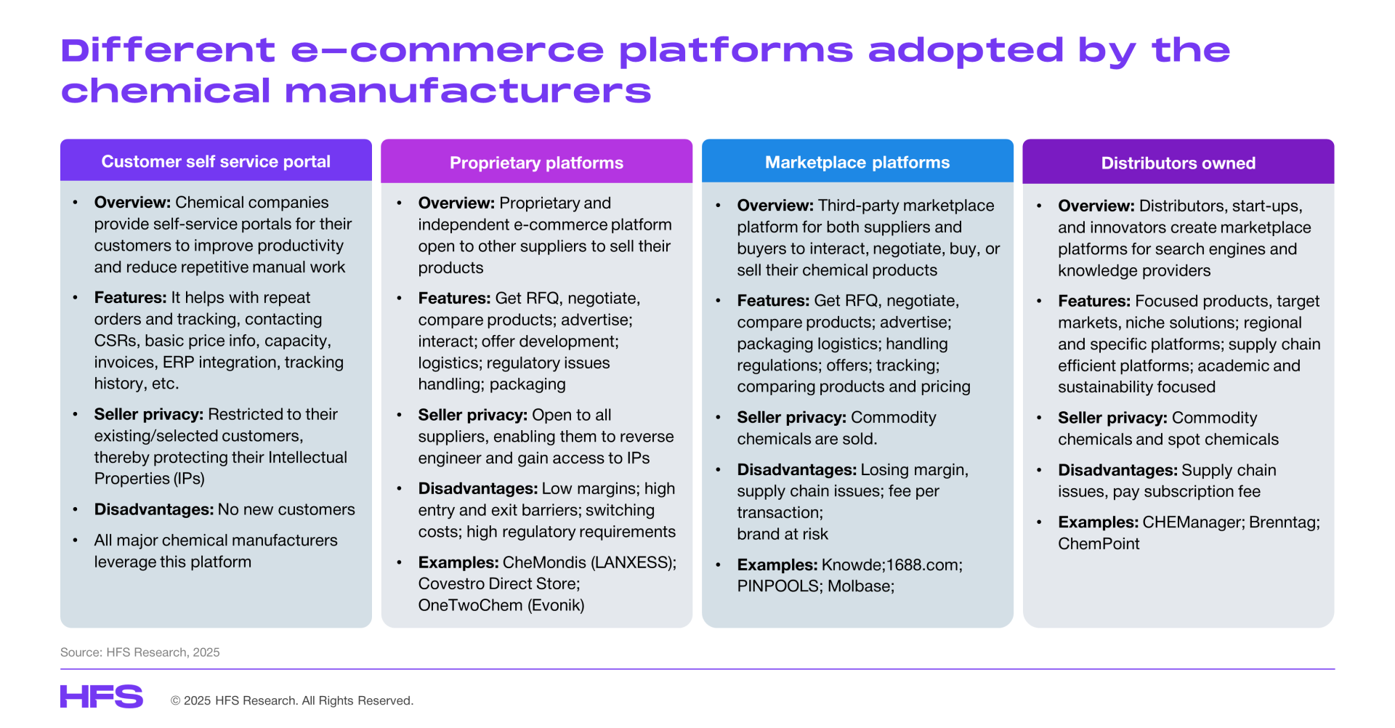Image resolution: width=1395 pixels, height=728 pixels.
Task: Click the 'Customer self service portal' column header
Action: click(216, 161)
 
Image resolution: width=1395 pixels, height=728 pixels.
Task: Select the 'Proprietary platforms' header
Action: click(536, 162)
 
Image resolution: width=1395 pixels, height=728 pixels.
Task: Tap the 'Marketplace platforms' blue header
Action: click(857, 162)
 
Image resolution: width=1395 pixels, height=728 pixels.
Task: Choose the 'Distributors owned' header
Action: click(1178, 163)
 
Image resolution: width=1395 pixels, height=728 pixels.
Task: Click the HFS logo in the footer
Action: click(102, 697)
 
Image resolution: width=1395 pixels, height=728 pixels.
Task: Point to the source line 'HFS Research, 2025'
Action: click(163, 652)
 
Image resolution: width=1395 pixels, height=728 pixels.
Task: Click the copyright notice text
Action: click(292, 700)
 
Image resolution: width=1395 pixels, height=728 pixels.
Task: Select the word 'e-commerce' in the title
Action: click(448, 50)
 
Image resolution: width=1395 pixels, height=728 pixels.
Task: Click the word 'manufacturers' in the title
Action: click(468, 92)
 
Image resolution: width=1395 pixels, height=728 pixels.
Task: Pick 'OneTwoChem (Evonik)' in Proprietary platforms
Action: click(501, 605)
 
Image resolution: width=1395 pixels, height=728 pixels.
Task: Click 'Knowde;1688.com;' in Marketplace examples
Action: click(892, 565)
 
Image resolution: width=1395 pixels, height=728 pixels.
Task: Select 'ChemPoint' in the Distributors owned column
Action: click(1099, 543)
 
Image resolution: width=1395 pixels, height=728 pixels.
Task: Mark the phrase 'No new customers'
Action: click(286, 509)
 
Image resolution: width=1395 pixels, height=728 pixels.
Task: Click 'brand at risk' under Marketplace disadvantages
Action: click(783, 534)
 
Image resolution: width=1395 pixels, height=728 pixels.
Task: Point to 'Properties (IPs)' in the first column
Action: click(150, 478)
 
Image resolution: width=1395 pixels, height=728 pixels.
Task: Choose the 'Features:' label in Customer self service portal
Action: click(131, 297)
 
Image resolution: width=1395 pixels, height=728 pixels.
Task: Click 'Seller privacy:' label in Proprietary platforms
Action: click(473, 415)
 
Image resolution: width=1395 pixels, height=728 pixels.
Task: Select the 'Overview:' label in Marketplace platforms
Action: click(775, 206)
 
